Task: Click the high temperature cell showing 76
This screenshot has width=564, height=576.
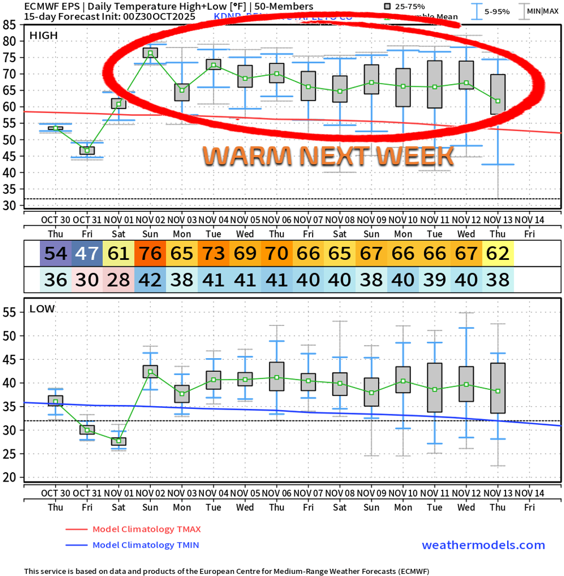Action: pyautogui.click(x=150, y=254)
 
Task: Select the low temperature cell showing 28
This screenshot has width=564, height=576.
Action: pyautogui.click(x=119, y=280)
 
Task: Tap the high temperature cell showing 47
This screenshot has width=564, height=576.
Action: pyautogui.click(x=87, y=254)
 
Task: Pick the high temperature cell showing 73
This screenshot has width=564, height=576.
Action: pyautogui.click(x=214, y=254)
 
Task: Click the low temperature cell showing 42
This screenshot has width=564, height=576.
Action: pyautogui.click(x=150, y=280)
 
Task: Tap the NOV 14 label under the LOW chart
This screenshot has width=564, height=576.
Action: pyautogui.click(x=530, y=493)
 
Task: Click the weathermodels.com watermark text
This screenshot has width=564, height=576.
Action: pyautogui.click(x=483, y=545)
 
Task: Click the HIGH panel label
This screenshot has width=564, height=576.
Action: pyautogui.click(x=43, y=35)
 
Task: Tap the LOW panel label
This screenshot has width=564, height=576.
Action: pyautogui.click(x=42, y=309)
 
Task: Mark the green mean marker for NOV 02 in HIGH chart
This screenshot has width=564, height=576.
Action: pyautogui.click(x=150, y=53)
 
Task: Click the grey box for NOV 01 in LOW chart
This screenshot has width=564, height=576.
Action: pyautogui.click(x=119, y=441)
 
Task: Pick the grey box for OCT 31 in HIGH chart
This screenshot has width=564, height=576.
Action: pyautogui.click(x=87, y=150)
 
